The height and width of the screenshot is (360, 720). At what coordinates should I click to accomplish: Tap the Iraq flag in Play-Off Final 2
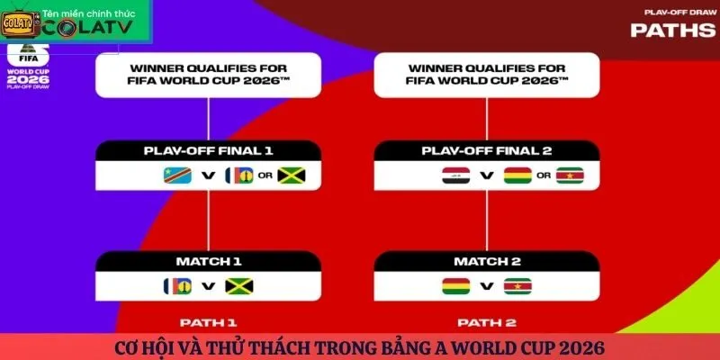pyautogui.click(x=452, y=175)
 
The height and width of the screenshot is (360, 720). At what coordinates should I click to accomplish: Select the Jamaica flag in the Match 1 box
pyautogui.click(x=238, y=287)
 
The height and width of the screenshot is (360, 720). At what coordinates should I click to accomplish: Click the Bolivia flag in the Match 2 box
pyautogui.click(x=454, y=287)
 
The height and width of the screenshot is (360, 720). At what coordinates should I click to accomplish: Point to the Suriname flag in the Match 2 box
pyautogui.click(x=517, y=287)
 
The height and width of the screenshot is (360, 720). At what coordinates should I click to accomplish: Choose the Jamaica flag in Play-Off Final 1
pyautogui.click(x=292, y=175)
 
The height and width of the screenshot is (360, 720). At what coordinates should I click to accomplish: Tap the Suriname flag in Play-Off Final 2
pyautogui.click(x=570, y=175)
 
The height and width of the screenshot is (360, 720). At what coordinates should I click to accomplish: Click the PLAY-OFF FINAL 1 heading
pyautogui.click(x=208, y=150)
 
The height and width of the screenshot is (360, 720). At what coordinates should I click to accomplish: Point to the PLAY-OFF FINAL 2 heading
pyautogui.click(x=486, y=150)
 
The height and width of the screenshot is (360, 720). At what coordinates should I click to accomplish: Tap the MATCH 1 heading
pyautogui.click(x=208, y=262)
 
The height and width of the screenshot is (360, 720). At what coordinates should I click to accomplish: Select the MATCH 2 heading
pyautogui.click(x=486, y=262)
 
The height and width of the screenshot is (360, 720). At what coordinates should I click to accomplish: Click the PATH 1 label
pyautogui.click(x=208, y=321)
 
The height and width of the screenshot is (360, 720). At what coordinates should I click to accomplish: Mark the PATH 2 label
pyautogui.click(x=486, y=321)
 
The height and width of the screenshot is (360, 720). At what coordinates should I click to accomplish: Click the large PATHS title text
pyautogui.click(x=673, y=30)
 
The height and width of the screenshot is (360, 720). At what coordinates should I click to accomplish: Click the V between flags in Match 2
pyautogui.click(x=486, y=287)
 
